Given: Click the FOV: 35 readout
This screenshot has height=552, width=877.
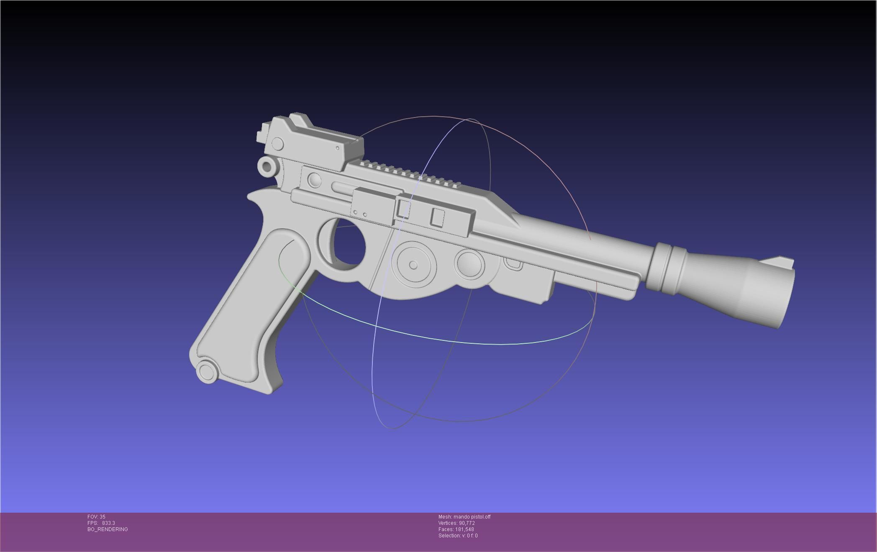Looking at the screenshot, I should tap(96, 517).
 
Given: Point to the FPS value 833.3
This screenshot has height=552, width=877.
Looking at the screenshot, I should tap(108, 523).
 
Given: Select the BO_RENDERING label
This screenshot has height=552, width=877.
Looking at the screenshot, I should tap(108, 529).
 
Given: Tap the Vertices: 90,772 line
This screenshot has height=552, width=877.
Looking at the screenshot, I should tap(456, 523).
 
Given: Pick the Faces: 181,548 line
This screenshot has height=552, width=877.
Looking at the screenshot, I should tap(456, 529).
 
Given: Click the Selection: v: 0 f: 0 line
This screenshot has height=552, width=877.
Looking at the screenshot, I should tap(458, 536).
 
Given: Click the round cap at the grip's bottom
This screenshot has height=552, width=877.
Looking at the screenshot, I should tap(206, 371).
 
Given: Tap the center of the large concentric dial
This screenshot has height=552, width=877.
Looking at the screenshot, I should tap(413, 265).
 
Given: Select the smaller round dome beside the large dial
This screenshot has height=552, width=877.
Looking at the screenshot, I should tap(469, 264).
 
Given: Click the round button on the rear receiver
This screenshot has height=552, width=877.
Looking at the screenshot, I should tap(314, 181).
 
